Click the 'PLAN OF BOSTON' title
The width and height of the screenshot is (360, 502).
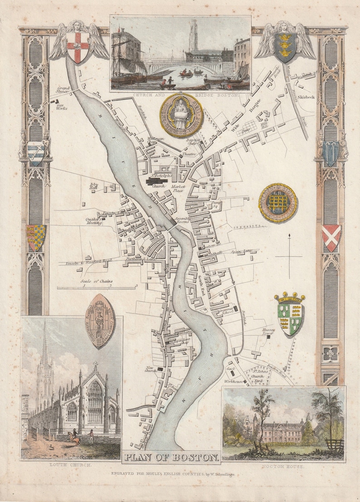coord(171,457)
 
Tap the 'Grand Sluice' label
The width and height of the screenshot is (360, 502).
coord(62,90)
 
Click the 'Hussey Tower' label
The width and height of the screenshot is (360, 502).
coord(268,332)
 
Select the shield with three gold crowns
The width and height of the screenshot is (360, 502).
coord(285,46)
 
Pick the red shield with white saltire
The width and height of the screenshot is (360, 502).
coord(331,237)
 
